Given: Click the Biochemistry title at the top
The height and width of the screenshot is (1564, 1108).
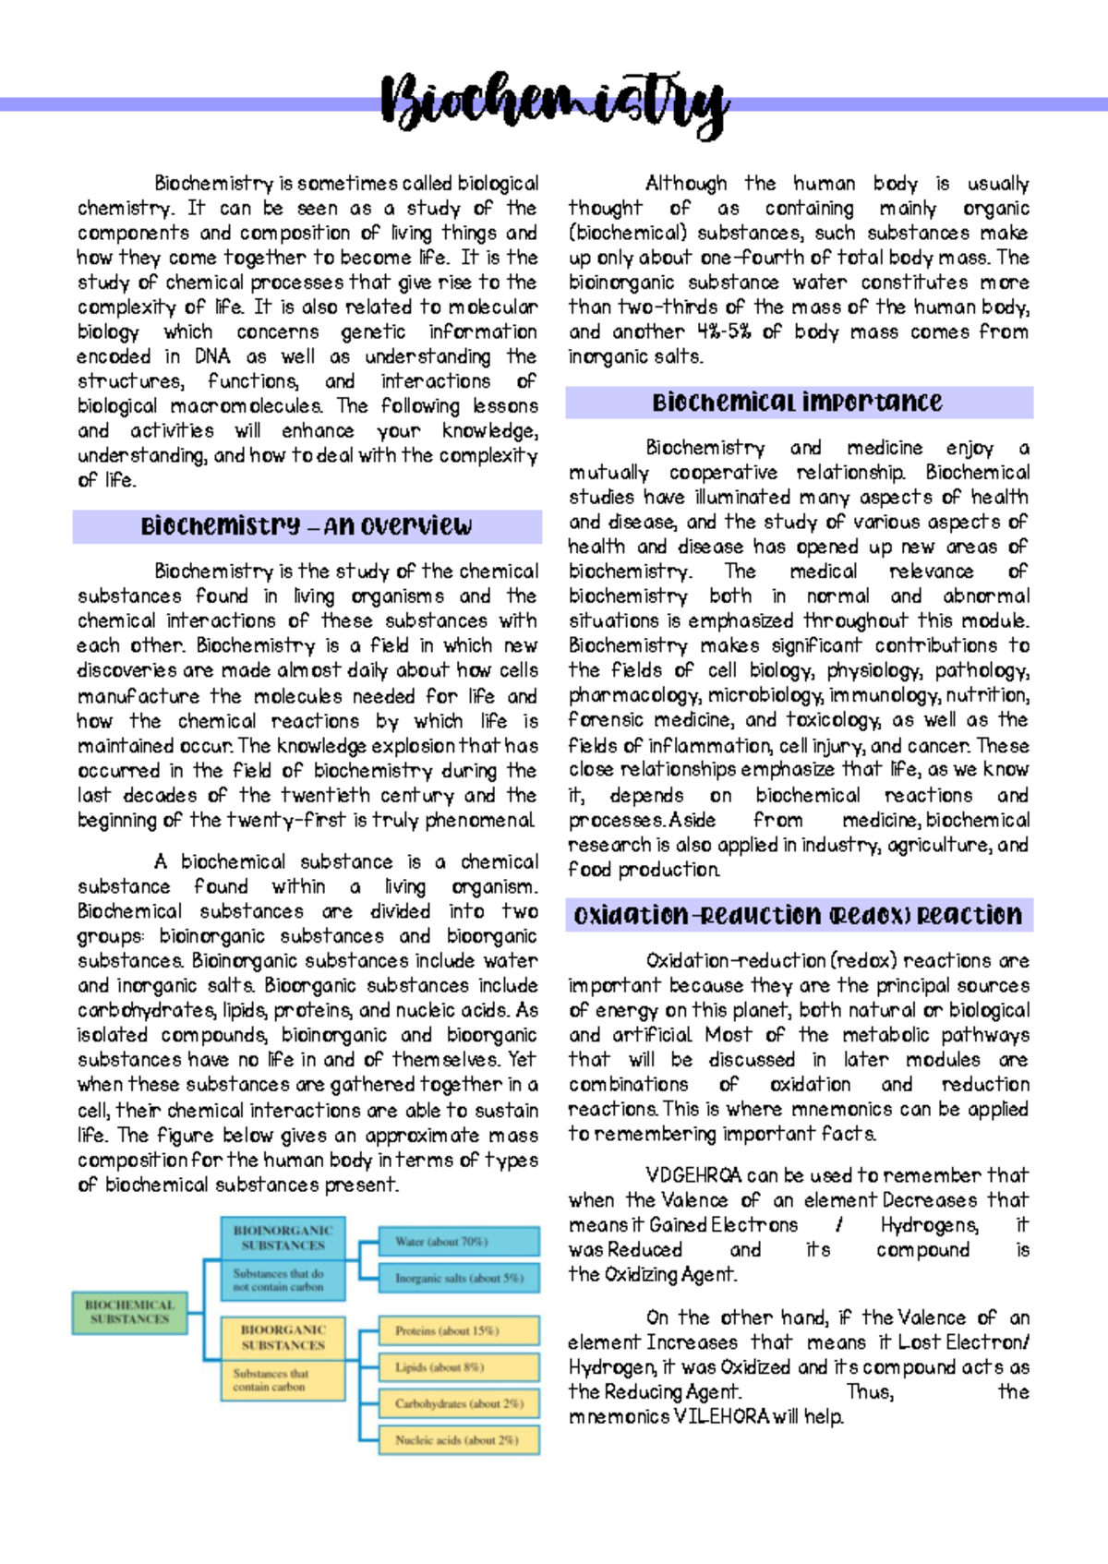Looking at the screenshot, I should point(554,103).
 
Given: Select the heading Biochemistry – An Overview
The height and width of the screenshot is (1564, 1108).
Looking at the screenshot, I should point(307,526).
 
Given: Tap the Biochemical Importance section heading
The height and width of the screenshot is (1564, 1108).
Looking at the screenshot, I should point(798,403).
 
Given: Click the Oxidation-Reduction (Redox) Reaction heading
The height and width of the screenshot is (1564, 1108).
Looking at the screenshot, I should point(798,915).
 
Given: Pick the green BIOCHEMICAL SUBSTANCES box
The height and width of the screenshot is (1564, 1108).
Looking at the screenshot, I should point(129,1312).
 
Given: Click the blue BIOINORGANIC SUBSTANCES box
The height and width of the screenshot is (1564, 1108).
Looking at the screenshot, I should point(283,1237).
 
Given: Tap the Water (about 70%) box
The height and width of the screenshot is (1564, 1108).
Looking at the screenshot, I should point(459,1242).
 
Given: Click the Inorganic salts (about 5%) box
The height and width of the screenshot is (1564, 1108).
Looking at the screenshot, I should point(459,1278).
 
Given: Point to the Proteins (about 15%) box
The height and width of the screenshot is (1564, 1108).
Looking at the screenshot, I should point(459,1330).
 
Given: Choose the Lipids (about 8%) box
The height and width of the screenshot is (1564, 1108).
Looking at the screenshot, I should point(459,1366).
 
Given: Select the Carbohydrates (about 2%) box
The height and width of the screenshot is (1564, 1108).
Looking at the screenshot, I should point(459,1403).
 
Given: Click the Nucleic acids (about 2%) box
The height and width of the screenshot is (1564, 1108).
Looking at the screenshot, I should point(459,1439).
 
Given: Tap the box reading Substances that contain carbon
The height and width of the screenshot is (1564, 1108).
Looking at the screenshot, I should point(283,1380).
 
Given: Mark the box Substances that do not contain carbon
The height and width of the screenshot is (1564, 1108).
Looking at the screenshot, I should point(283,1280).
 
